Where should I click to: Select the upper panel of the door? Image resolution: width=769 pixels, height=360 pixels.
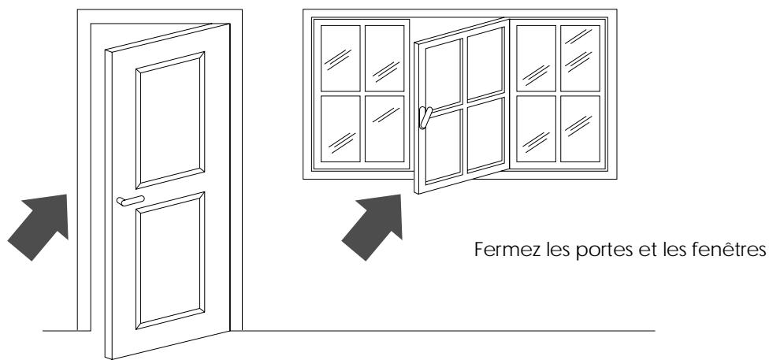172,121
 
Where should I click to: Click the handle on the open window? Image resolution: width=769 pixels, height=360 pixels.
425,117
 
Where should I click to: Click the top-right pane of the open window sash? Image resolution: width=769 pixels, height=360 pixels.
487,64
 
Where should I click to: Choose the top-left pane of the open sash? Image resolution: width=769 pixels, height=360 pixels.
444,71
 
